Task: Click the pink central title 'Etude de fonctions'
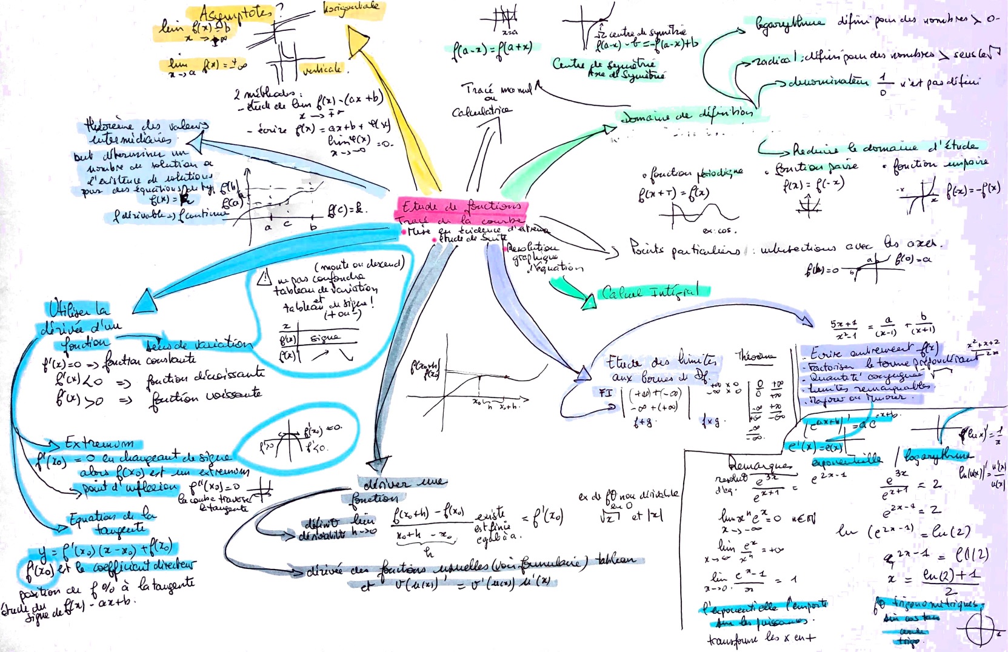[461, 206]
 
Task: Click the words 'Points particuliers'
[684, 248]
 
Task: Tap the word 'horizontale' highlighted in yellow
[351, 7]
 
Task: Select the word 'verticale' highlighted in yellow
[322, 69]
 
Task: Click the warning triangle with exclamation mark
[265, 278]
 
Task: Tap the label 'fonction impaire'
[940, 164]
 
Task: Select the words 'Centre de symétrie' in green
[603, 64]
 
